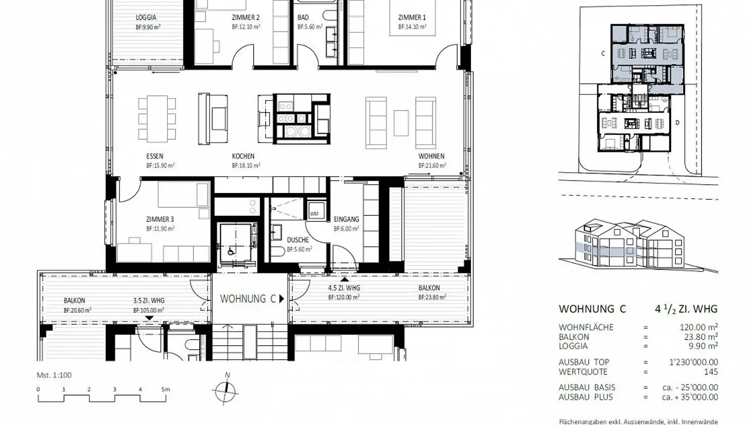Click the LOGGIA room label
pyautogui.click(x=146, y=17)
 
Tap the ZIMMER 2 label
pyautogui.click(x=245, y=17)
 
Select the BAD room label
pyautogui.click(x=303, y=17)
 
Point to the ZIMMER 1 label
pyautogui.click(x=412, y=17)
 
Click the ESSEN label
pyautogui.click(x=155, y=156)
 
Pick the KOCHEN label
pyautogui.click(x=243, y=156)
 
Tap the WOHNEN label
pyautogui.click(x=432, y=156)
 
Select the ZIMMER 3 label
pyautogui.click(x=160, y=219)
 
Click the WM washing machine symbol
pyautogui.click(x=314, y=214)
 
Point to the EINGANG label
pyautogui.click(x=346, y=219)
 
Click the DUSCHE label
pyautogui.click(x=298, y=240)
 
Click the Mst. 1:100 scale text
pyautogui.click(x=54, y=375)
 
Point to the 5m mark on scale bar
pyautogui.click(x=166, y=389)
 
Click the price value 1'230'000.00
pyautogui.click(x=692, y=362)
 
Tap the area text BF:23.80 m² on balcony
pyautogui.click(x=432, y=297)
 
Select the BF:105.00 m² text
pyautogui.click(x=149, y=310)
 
